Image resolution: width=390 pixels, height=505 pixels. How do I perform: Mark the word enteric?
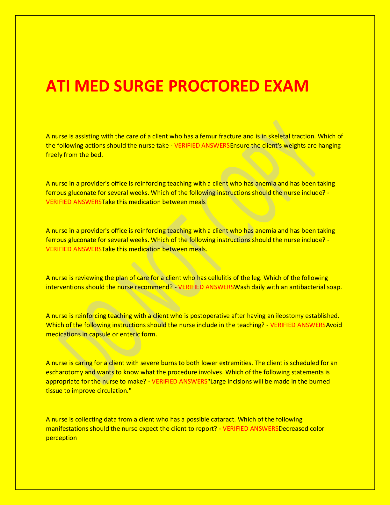(125, 334)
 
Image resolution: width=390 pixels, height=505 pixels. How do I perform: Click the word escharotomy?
(64, 372)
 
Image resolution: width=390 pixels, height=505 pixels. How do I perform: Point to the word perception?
(61, 438)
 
